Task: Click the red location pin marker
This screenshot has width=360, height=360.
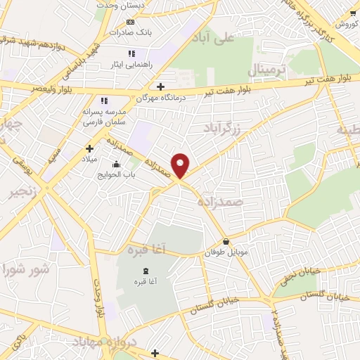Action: (181, 165)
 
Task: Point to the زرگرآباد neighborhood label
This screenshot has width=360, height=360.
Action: (222, 128)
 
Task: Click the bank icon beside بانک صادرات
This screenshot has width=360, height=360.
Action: (130, 22)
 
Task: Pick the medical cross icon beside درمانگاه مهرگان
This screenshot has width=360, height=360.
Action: (161, 87)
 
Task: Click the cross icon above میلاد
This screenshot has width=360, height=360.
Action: (89, 148)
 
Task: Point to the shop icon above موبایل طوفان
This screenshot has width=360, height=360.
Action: (225, 242)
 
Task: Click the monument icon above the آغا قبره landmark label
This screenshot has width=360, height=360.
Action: (146, 271)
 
